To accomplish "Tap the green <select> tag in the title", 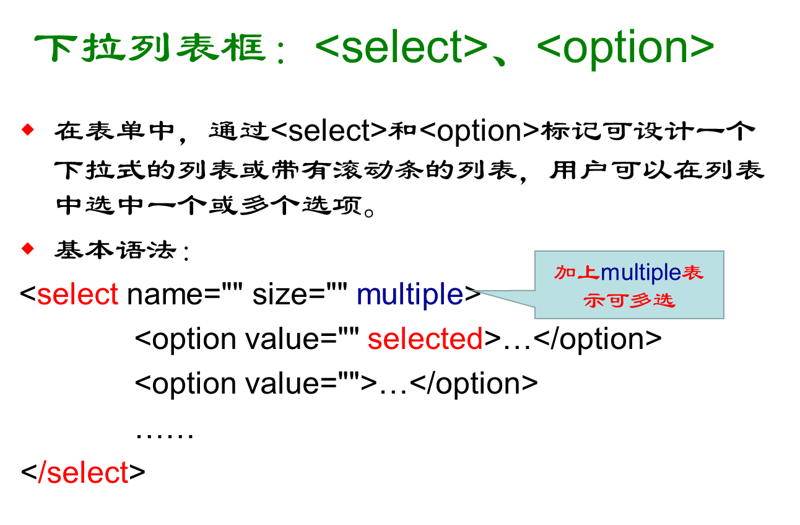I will click(x=401, y=48).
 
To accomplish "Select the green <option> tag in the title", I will click(x=625, y=48).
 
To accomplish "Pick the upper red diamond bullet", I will click(x=27, y=130).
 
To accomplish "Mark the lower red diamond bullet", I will click(x=27, y=249).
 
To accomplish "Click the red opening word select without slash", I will click(x=77, y=294).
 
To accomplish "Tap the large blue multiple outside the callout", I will click(x=409, y=294).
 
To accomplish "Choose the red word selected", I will click(x=425, y=339).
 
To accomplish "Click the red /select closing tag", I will click(x=83, y=473).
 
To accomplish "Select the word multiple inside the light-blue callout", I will click(x=641, y=273).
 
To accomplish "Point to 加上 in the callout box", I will click(x=576, y=273).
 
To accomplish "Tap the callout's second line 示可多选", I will click(x=628, y=301).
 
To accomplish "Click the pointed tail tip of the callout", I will click(x=472, y=290).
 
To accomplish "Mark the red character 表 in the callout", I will click(x=693, y=273).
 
